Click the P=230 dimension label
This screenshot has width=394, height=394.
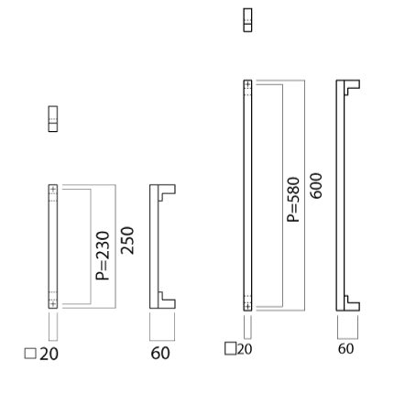pos(103,256)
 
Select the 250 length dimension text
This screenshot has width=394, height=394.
pos(127,241)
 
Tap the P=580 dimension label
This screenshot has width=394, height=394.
pos(293,200)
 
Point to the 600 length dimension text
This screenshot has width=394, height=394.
pos(316,186)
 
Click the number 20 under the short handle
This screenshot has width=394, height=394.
pos(49,355)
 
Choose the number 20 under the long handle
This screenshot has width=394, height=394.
pos(245,349)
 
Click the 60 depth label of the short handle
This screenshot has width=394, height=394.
pos(160,354)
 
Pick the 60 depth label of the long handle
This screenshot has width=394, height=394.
pos(345,349)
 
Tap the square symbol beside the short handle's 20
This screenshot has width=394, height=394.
pos(30,354)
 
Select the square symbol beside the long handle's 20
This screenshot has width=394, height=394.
pos(230,348)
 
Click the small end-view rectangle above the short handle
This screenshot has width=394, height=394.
pos(53,119)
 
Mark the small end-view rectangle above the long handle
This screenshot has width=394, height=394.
pos(247,20)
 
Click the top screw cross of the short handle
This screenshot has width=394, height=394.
pos(53,190)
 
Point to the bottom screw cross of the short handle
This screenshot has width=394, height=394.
pos(53,303)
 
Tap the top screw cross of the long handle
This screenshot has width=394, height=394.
pos(247,84)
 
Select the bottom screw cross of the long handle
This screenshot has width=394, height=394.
pos(247,306)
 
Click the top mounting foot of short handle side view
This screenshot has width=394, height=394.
pos(167,190)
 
